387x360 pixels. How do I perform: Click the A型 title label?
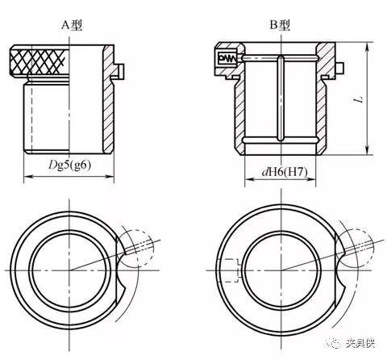click(72, 25)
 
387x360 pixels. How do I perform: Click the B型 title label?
click(280, 25)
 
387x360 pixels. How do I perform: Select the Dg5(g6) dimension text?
click(70, 165)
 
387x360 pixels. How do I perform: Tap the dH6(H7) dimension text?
click(285, 172)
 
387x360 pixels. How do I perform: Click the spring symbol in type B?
click(227, 58)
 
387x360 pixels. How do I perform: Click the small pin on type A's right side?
click(121, 71)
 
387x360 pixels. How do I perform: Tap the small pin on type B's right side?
click(340, 68)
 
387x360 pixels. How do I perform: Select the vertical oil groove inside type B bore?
click(281, 98)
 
